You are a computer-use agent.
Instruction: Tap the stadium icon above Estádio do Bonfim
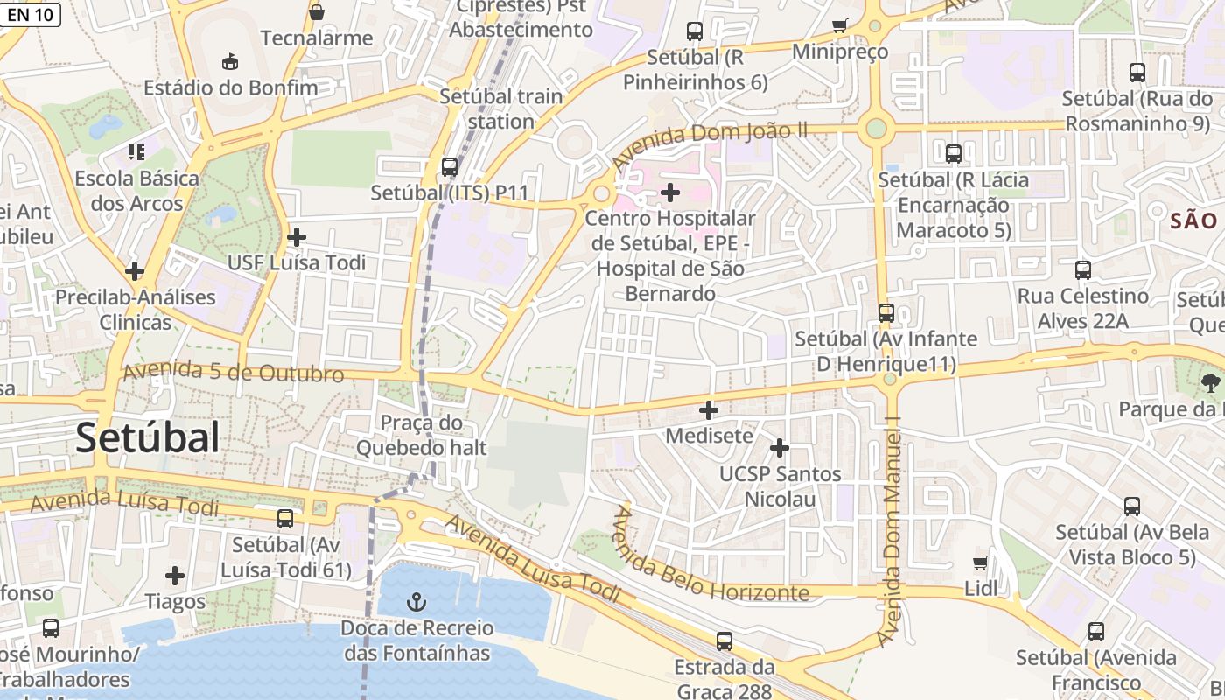coord(229,61)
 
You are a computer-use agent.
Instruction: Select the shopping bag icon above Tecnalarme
coord(317,12)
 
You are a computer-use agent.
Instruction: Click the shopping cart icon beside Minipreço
coord(840,25)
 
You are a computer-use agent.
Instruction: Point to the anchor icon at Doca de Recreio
coord(417,602)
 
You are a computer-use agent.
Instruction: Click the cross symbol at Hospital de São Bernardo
coord(670,192)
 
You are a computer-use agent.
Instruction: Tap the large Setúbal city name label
coord(147,437)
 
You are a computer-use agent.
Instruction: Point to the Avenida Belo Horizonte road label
coord(709,560)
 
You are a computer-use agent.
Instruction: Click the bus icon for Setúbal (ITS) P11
coord(450,166)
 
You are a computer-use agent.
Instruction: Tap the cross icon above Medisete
coord(709,409)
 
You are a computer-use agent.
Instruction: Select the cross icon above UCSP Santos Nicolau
coord(779,448)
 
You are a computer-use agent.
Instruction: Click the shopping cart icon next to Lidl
coord(980,563)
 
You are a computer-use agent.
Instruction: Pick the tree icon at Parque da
coord(1211,381)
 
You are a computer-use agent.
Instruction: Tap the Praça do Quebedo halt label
coord(421,435)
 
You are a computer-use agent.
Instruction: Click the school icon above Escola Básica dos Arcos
coord(136,152)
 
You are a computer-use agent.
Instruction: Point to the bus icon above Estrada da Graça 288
coord(724,640)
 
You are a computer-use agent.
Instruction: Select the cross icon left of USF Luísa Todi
coord(297,236)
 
